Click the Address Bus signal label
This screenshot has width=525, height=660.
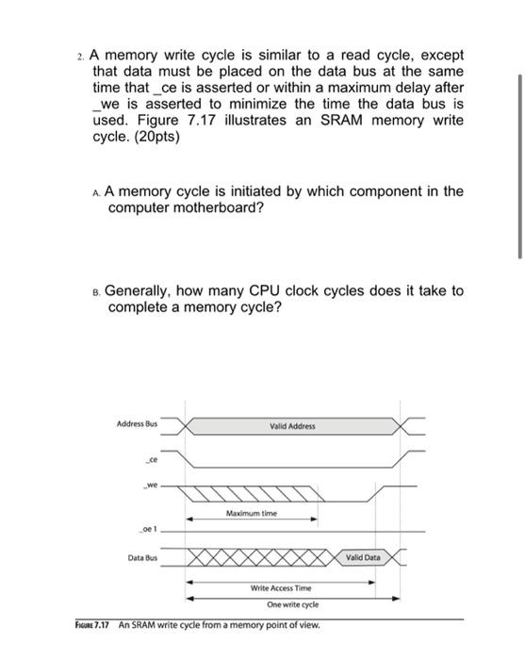(138, 424)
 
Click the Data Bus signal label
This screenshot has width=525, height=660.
(142, 558)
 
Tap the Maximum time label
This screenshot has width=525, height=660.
(251, 514)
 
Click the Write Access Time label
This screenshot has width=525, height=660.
(279, 587)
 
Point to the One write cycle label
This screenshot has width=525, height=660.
(292, 603)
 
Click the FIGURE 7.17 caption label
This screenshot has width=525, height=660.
(93, 625)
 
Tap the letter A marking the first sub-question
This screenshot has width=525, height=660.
(97, 191)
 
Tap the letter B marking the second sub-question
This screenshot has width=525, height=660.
(97, 291)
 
